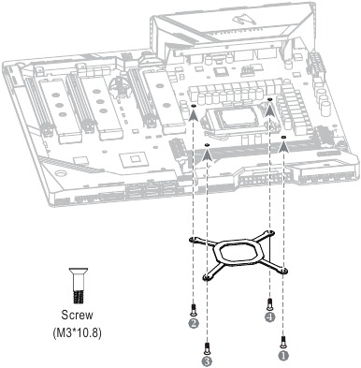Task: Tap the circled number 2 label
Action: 193,324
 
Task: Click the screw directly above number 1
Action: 284,341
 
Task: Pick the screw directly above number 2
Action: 193,309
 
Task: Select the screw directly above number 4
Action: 270,303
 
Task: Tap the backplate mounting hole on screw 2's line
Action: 194,241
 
